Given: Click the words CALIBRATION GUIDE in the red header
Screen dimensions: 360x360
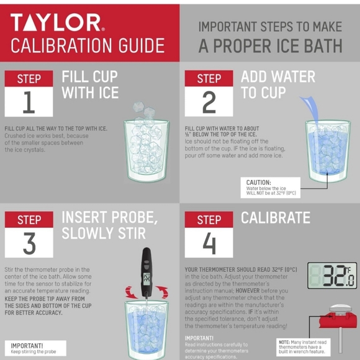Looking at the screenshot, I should (88, 46).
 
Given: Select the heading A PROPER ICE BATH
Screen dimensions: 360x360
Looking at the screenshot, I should (270, 46).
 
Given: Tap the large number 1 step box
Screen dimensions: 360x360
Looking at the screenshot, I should (29, 102).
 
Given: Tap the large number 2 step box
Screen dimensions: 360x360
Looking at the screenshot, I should (209, 102).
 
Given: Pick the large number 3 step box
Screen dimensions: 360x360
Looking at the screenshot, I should (29, 243).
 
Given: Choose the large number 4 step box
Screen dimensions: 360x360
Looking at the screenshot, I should (209, 243).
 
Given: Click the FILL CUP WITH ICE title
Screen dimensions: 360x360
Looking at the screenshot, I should (89, 85).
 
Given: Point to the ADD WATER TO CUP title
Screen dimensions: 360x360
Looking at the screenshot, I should (277, 85).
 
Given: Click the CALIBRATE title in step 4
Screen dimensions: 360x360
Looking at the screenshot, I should (275, 218).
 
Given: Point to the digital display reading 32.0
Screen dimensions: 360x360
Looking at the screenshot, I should (332, 276).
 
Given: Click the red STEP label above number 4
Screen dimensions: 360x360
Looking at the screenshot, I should (209, 220).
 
